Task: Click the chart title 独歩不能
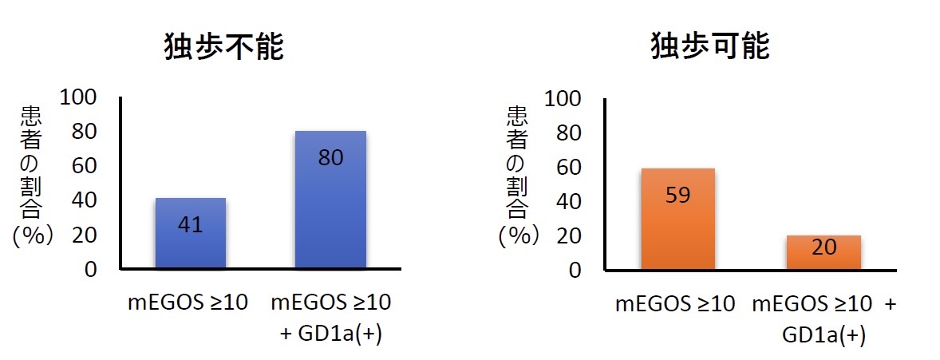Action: [224, 48]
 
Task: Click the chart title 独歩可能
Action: [710, 48]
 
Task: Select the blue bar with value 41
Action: [190, 233]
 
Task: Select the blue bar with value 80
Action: [330, 200]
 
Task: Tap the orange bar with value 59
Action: [677, 219]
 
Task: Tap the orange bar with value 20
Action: [823, 252]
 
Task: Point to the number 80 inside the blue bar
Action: [330, 158]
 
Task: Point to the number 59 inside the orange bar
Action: [677, 196]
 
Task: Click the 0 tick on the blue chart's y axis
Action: [90, 270]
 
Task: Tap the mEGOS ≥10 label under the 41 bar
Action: [188, 303]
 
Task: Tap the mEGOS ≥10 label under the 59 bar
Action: [675, 304]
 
